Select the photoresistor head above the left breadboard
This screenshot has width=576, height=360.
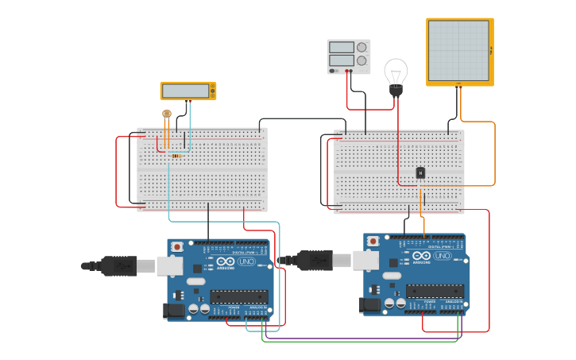[166, 114]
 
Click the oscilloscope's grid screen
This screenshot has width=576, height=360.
[459, 51]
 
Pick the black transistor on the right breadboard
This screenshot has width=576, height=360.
[420, 172]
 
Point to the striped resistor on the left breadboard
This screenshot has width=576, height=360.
[176, 156]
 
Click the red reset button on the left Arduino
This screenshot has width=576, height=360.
[177, 246]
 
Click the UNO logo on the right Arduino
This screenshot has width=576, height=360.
[443, 256]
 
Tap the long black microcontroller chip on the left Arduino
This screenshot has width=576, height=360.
[239, 296]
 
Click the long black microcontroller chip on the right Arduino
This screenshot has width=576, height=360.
[435, 291]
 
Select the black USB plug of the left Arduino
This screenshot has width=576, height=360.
[118, 266]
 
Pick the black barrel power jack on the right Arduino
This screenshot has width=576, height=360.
[369, 304]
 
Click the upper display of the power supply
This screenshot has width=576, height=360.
[341, 48]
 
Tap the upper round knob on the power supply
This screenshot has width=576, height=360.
[362, 47]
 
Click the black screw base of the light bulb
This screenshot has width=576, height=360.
[396, 91]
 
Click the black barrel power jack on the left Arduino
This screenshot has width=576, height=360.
[172, 310]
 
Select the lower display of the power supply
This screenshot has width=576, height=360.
[341, 60]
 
